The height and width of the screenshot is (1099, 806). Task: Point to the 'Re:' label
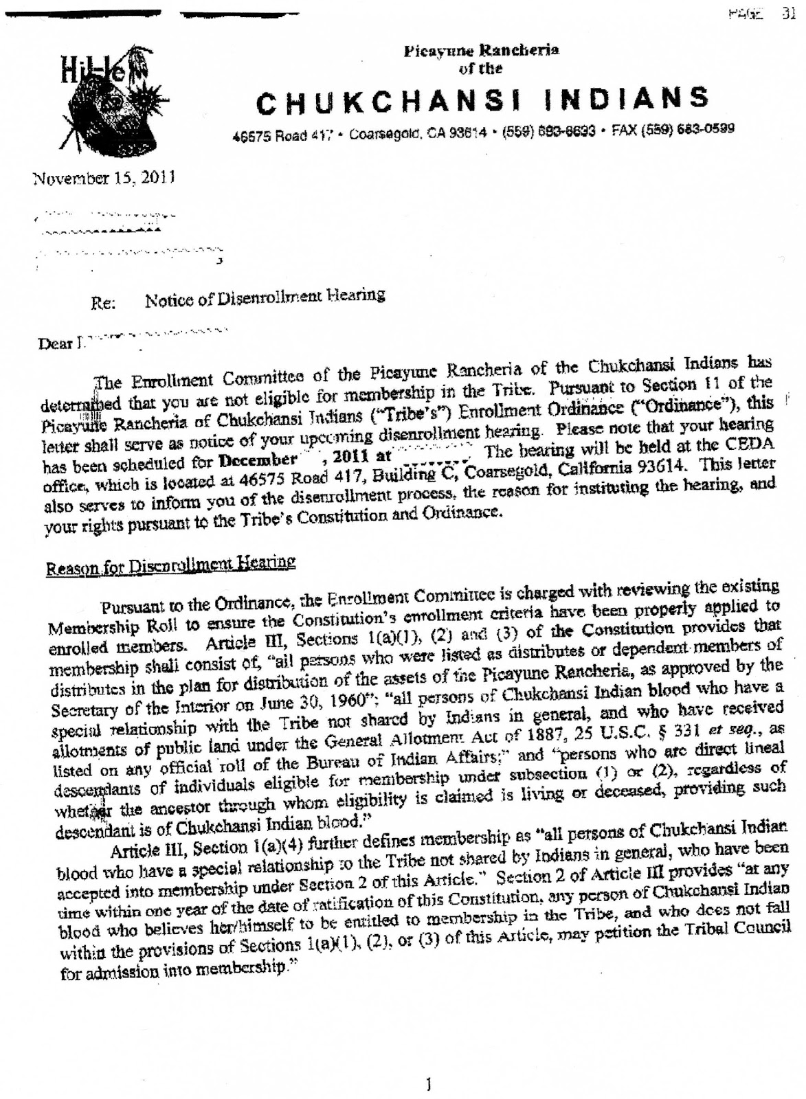[x=102, y=303]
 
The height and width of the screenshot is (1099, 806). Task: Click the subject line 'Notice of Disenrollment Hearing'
[x=265, y=296]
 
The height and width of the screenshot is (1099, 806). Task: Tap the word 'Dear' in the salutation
[x=56, y=343]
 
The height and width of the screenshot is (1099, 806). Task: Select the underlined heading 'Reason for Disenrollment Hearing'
[x=170, y=566]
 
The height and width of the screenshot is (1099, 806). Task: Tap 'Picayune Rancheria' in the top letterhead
[x=481, y=50]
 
